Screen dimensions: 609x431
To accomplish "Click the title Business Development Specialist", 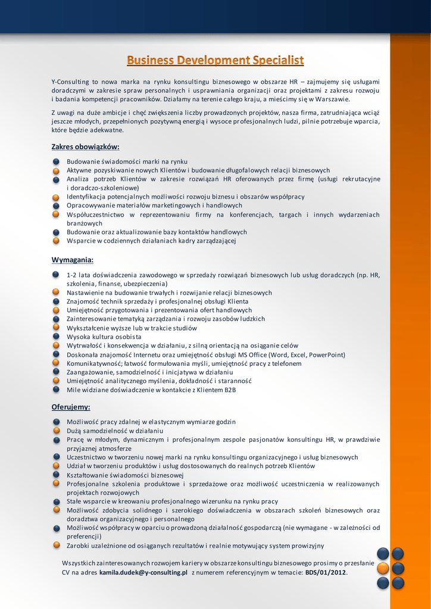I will coord(215,60).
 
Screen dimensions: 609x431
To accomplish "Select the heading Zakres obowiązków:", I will coord(86,146).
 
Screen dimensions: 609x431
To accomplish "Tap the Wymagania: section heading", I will coord(73,260).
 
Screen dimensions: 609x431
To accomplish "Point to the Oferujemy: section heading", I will coord(71,407).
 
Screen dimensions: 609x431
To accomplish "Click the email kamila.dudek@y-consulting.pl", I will coord(143,572).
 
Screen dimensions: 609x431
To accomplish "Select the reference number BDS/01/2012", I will coord(326,572).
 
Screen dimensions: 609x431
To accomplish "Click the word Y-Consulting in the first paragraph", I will coord(70,81).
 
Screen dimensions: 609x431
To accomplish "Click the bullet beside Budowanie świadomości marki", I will coord(56,161).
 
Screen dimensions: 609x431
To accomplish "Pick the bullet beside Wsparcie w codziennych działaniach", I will coord(56,241).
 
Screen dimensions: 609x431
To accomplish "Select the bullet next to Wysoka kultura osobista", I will coord(56,337).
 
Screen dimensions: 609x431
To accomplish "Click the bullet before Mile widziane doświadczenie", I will coord(56,390).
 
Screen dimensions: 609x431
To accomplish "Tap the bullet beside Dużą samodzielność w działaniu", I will coord(56,430).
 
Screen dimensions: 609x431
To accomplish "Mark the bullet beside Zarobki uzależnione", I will coord(56,545).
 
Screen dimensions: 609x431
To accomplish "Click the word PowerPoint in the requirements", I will coord(326,354).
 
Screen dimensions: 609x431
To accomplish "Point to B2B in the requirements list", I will coord(230,390).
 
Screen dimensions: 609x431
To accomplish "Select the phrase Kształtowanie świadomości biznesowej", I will coord(125,475).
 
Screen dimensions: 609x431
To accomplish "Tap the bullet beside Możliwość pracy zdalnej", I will coord(56,421).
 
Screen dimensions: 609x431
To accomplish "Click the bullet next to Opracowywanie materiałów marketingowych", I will coord(56,205).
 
